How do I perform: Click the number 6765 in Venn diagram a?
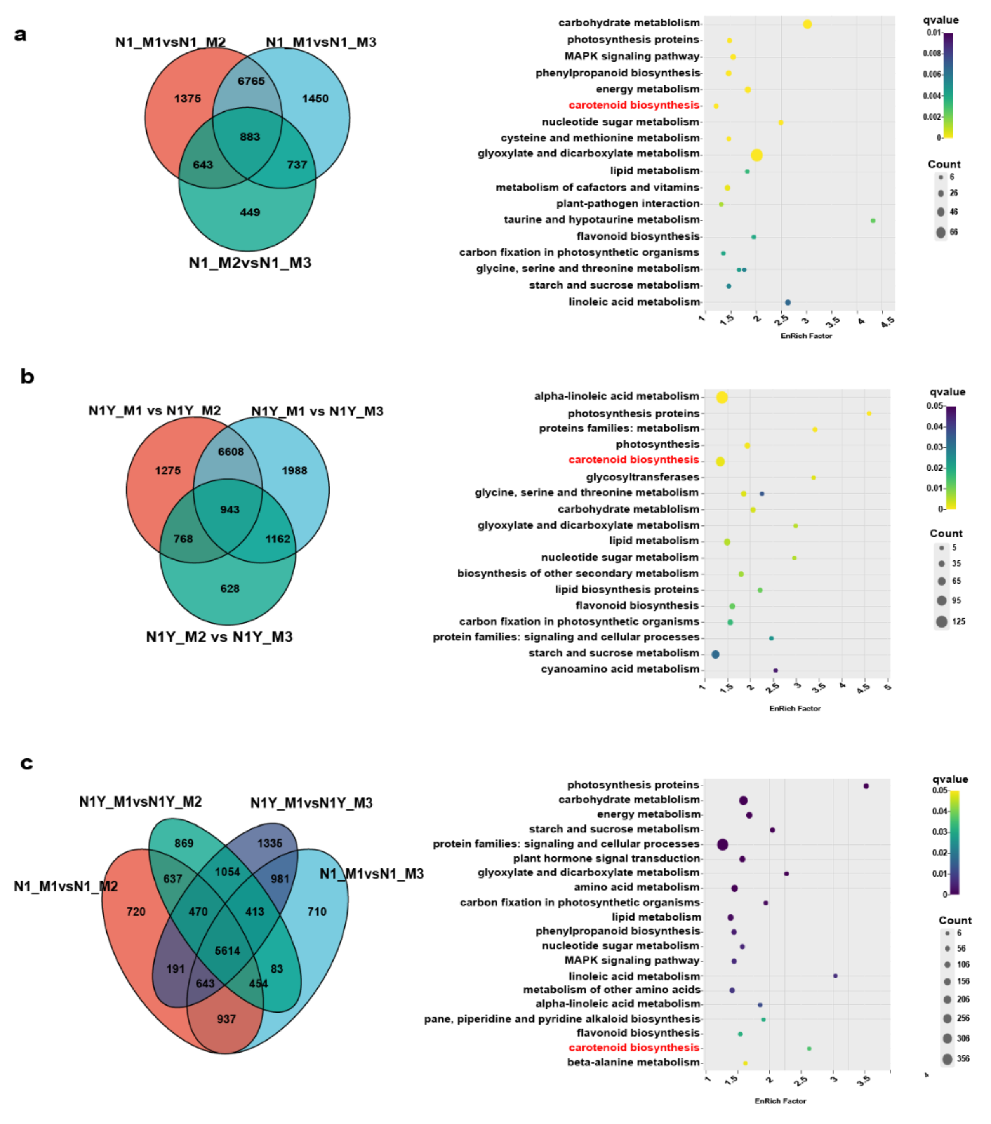[x=251, y=81]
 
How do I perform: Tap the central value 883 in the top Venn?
[x=250, y=137]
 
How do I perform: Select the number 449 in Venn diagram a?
[x=250, y=212]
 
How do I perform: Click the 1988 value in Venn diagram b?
[x=294, y=470]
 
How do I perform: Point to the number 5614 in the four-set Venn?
[x=227, y=950]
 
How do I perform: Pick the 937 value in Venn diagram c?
[x=226, y=1019]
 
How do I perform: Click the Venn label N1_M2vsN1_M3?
[x=250, y=263]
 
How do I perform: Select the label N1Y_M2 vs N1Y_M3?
[x=219, y=637]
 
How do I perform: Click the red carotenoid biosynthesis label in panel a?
[x=634, y=105]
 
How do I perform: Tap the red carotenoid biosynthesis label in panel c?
[x=634, y=1047]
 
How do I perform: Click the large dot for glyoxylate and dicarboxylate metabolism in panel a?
[x=757, y=155]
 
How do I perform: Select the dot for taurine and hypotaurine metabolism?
[x=873, y=220]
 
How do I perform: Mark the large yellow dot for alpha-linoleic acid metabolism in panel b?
[x=722, y=397]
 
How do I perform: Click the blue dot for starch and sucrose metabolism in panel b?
[x=716, y=654]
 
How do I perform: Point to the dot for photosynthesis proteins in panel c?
[x=866, y=786]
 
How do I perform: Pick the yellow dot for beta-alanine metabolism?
[x=745, y=1063]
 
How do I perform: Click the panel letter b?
[x=27, y=377]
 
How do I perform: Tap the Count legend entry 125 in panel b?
[x=959, y=621]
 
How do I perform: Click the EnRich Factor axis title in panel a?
[x=806, y=336]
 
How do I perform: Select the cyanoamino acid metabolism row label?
[x=620, y=669]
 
